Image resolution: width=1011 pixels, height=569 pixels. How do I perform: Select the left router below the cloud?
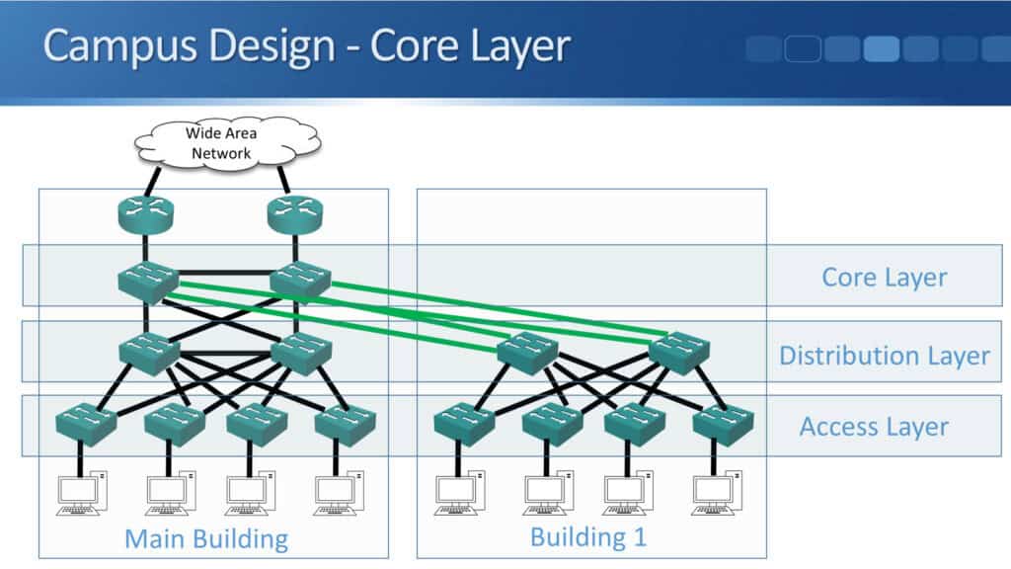146,214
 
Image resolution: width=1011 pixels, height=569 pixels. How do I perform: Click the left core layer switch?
147,283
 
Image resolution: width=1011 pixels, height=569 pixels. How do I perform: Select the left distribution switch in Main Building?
148,353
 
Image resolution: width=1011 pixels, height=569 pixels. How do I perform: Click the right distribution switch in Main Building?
300,353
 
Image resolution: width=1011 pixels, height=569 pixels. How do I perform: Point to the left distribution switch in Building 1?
527,353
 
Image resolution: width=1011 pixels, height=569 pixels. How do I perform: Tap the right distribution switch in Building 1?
679,353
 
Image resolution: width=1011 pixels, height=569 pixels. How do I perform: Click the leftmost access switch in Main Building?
87,423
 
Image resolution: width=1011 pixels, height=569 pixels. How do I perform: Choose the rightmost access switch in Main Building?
346,423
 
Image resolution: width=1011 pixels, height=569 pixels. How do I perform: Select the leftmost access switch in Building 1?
464,423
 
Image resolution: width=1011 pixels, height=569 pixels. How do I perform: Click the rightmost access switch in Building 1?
723,423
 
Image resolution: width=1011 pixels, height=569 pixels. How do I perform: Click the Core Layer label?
884,279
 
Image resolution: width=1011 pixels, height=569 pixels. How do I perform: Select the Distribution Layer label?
884,356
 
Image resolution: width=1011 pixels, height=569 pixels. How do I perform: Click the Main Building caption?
205,539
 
